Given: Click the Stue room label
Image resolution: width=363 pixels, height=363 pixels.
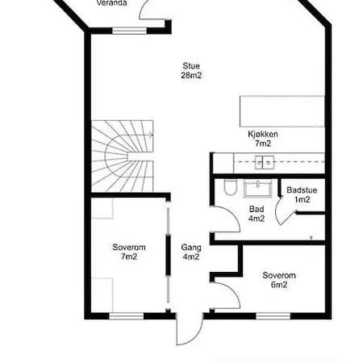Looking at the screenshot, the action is click(x=191, y=66).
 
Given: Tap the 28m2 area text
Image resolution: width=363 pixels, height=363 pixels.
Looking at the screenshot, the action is click(x=191, y=75).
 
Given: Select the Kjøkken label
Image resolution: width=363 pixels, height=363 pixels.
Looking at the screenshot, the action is click(x=263, y=134).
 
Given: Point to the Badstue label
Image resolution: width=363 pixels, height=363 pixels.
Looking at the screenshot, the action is click(x=302, y=190).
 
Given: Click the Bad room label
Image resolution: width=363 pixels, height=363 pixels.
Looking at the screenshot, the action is click(x=257, y=209).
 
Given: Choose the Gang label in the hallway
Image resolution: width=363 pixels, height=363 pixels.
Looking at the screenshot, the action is click(x=191, y=248).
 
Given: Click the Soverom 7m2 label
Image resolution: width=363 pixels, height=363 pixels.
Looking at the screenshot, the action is click(x=129, y=252).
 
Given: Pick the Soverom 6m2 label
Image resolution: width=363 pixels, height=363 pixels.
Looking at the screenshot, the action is click(x=279, y=280).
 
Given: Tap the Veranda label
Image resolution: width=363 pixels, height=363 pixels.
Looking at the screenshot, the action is click(x=111, y=3).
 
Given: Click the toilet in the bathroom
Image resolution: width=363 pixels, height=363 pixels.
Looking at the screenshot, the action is click(x=231, y=187).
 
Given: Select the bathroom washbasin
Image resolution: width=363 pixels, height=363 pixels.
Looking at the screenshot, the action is click(x=257, y=188).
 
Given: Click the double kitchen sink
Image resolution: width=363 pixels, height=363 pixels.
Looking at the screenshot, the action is click(x=265, y=162).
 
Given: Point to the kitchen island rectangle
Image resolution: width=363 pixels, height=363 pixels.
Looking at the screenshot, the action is click(x=282, y=111).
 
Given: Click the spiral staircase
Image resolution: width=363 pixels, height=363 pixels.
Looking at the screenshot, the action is click(x=123, y=156).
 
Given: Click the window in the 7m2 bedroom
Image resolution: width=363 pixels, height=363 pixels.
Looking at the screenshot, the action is click(x=127, y=316).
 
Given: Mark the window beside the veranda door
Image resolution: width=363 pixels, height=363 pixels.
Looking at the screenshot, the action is click(x=129, y=31).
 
